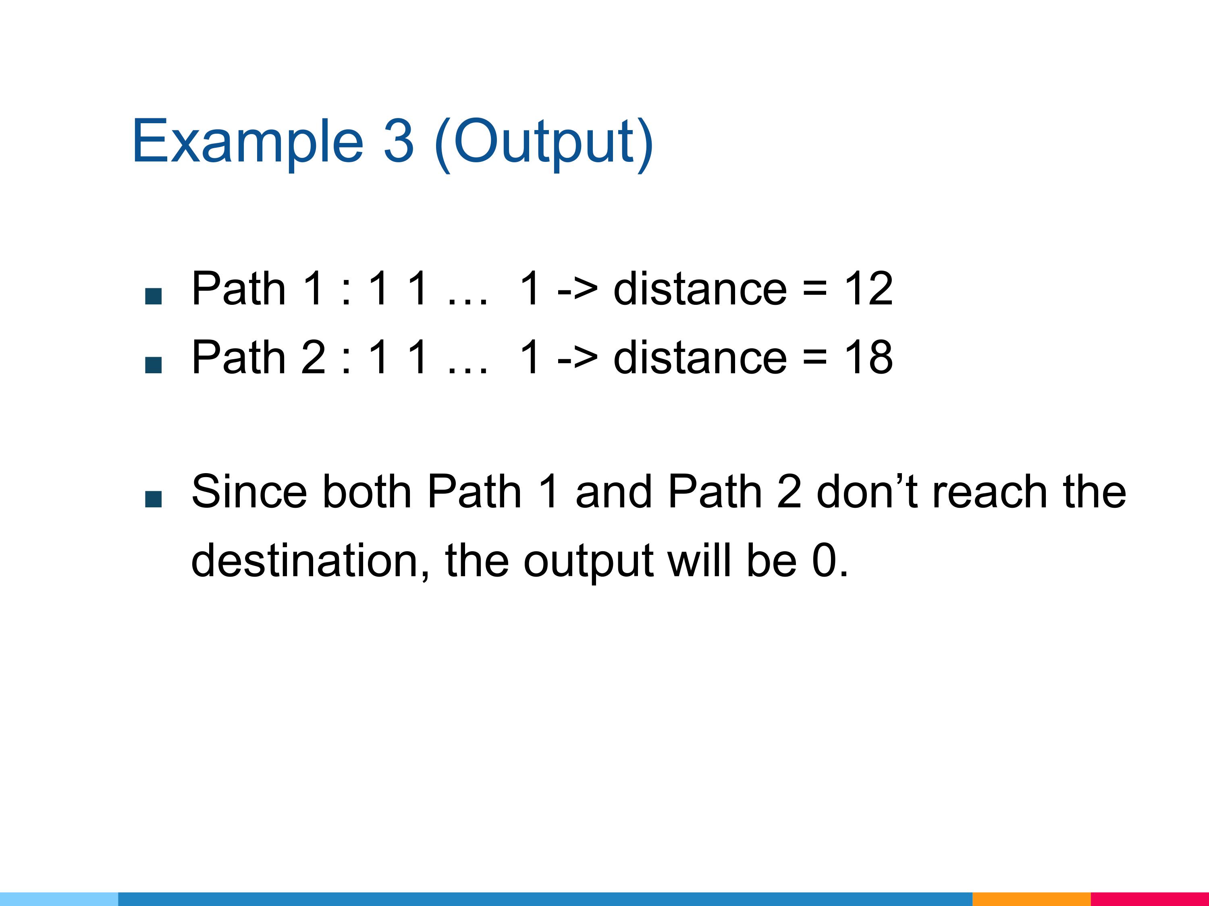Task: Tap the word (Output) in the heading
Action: (544, 144)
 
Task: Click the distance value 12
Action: (868, 288)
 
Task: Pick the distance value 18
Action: (868, 357)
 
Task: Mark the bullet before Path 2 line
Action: (153, 365)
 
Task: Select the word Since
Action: (249, 492)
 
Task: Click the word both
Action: (367, 492)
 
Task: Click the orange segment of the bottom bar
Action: (1031, 899)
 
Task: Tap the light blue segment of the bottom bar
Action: (59, 899)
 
